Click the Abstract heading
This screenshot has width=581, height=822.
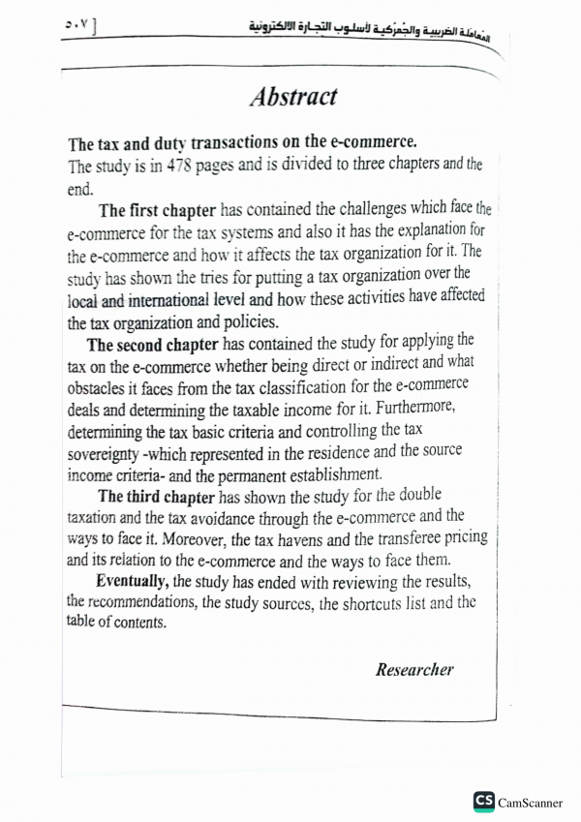[x=292, y=97]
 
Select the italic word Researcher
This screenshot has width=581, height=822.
[x=413, y=669]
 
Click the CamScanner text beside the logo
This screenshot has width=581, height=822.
[x=534, y=802]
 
